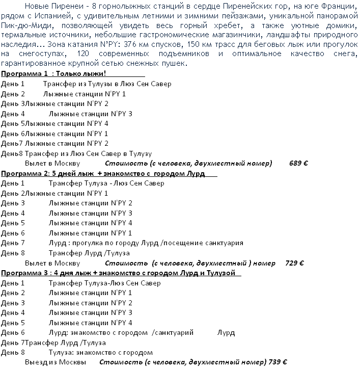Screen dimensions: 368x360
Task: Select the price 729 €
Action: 294,263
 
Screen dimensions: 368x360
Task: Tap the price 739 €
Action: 279,362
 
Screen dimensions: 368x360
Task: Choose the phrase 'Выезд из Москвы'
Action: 55,362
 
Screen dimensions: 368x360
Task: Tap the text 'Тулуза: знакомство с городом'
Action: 100,352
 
